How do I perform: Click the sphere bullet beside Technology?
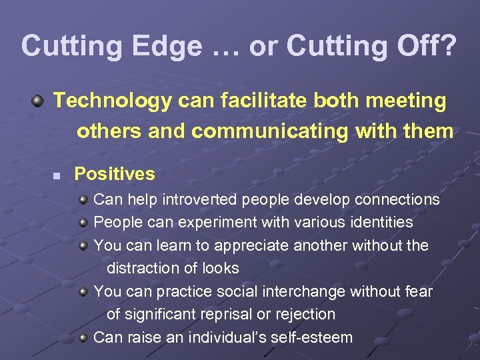click(39, 101)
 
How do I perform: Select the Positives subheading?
click(114, 175)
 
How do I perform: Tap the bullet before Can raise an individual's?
click(83, 337)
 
